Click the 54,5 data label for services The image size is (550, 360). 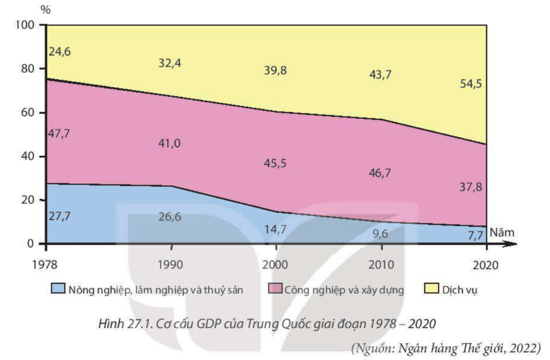tap(471, 84)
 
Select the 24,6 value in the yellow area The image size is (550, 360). tap(59, 51)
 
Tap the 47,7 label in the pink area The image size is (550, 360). tap(59, 134)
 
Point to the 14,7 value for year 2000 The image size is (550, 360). tap(275, 230)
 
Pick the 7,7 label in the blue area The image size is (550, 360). tap(475, 235)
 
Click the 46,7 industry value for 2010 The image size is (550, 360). tap(380, 173)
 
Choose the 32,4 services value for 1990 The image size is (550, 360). tap(169, 63)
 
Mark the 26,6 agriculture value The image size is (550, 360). tap(169, 217)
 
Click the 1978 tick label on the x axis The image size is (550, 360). tap(44, 265)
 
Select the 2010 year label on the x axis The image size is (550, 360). tap(381, 265)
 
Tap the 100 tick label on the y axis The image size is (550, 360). tap(25, 25)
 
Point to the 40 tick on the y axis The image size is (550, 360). tap(28, 156)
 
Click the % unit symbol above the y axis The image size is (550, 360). tap(46, 10)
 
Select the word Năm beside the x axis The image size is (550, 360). tap(502, 232)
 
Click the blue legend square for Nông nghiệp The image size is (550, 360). tap(58, 288)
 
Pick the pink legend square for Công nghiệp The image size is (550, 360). tap(275, 288)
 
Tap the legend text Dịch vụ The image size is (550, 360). tap(459, 290)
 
